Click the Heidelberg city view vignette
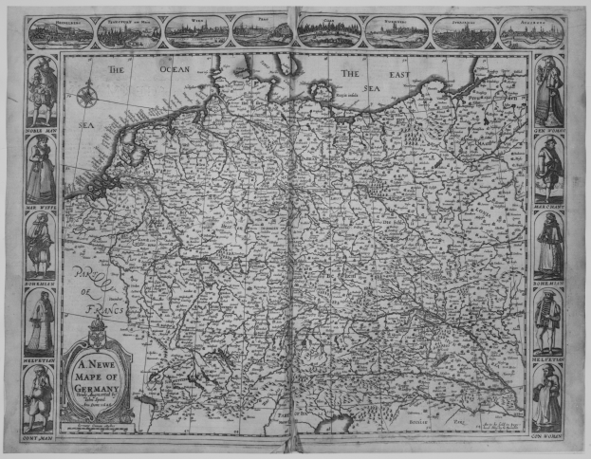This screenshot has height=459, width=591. (61, 32)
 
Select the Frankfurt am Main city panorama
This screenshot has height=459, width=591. (129, 32)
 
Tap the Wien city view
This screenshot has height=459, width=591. (196, 31)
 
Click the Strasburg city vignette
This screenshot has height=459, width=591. (463, 31)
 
